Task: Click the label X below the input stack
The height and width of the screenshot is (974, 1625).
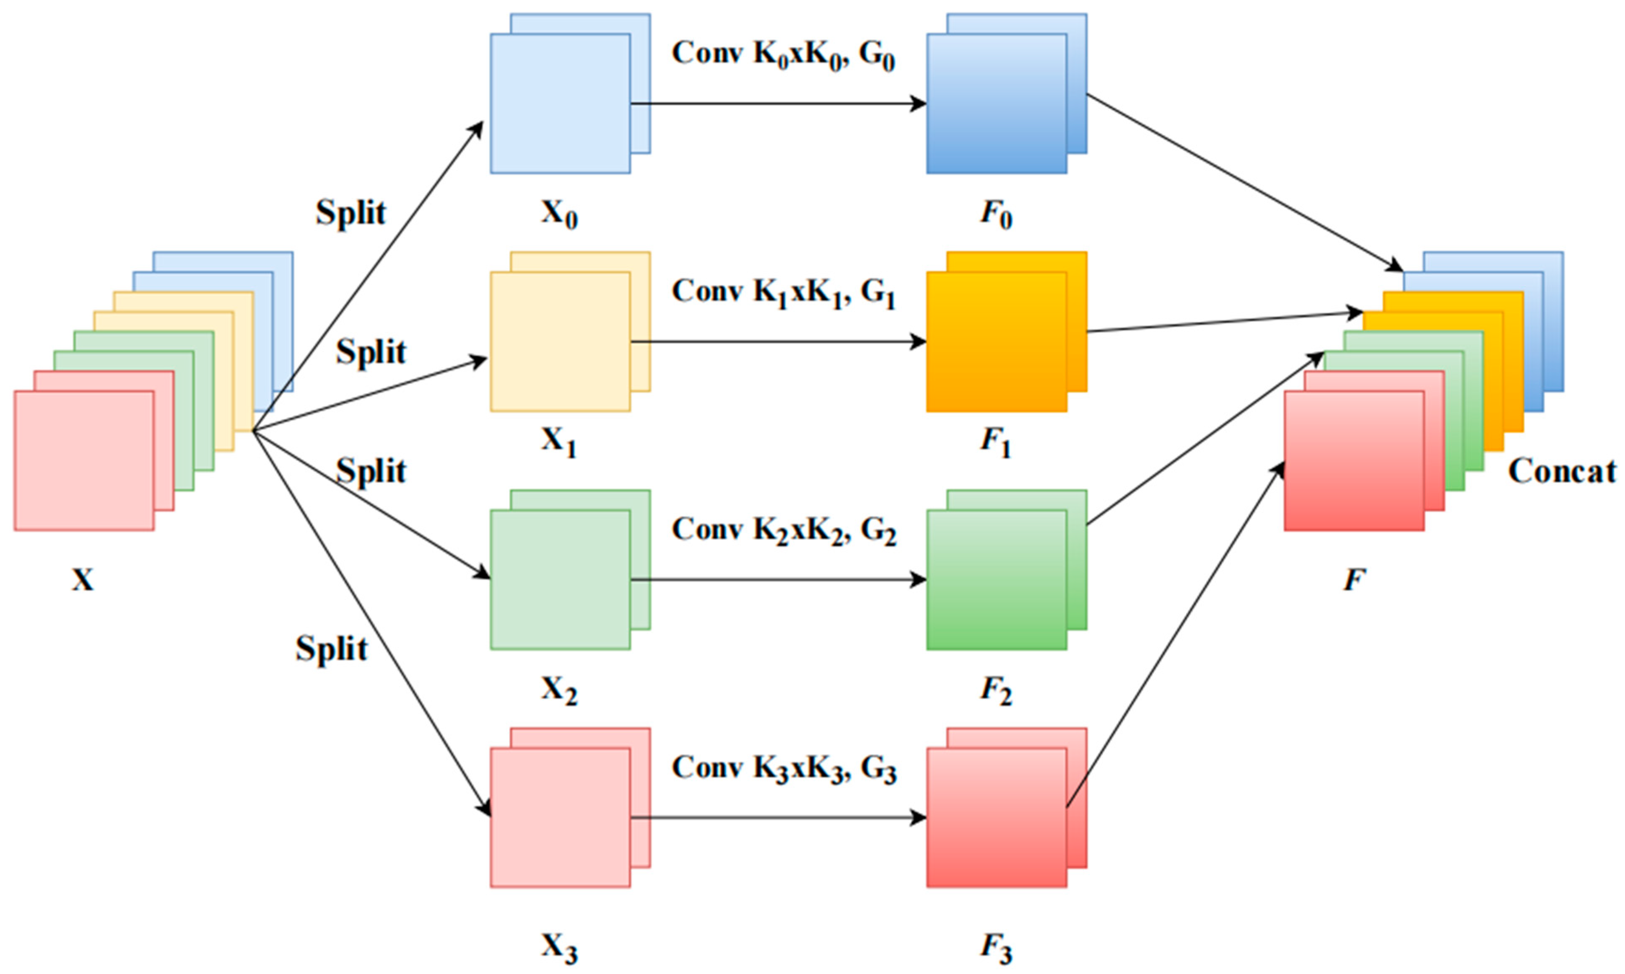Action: tap(83, 579)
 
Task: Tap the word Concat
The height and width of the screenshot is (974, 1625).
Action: tap(1562, 471)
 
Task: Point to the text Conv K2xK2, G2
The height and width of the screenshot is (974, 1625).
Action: tap(782, 531)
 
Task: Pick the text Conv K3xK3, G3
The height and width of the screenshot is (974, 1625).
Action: tap(782, 769)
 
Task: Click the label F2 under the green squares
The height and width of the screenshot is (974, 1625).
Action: tap(996, 690)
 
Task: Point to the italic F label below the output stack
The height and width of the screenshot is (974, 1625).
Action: tap(1355, 579)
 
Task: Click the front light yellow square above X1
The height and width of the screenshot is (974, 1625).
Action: tap(560, 342)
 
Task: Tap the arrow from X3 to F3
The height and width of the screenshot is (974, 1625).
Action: tap(779, 818)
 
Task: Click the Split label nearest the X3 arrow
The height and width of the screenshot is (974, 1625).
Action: tap(331, 648)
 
